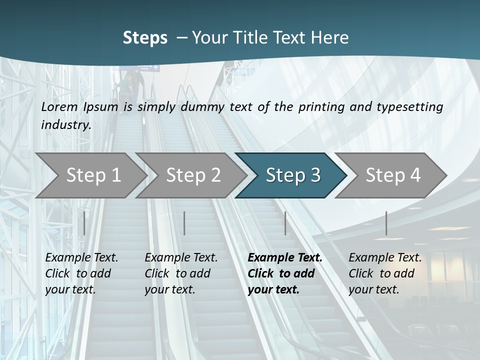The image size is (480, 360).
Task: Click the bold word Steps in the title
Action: tap(145, 38)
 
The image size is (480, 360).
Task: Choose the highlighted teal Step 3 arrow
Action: tap(292, 175)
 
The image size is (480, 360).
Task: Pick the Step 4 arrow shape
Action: tap(392, 175)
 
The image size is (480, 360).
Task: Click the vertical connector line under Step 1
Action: tap(84, 223)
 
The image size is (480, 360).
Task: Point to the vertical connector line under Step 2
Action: tap(184, 223)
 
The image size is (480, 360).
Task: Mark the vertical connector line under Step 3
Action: tap(285, 223)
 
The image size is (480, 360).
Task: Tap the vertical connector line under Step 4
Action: tap(386, 223)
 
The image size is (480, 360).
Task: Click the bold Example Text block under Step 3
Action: tap(284, 273)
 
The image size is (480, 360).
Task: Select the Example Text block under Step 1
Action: tap(81, 273)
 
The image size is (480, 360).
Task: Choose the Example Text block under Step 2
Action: tap(181, 273)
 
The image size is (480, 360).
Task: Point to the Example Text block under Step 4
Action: tap(384, 273)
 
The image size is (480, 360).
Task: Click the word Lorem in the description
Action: tap(59, 106)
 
